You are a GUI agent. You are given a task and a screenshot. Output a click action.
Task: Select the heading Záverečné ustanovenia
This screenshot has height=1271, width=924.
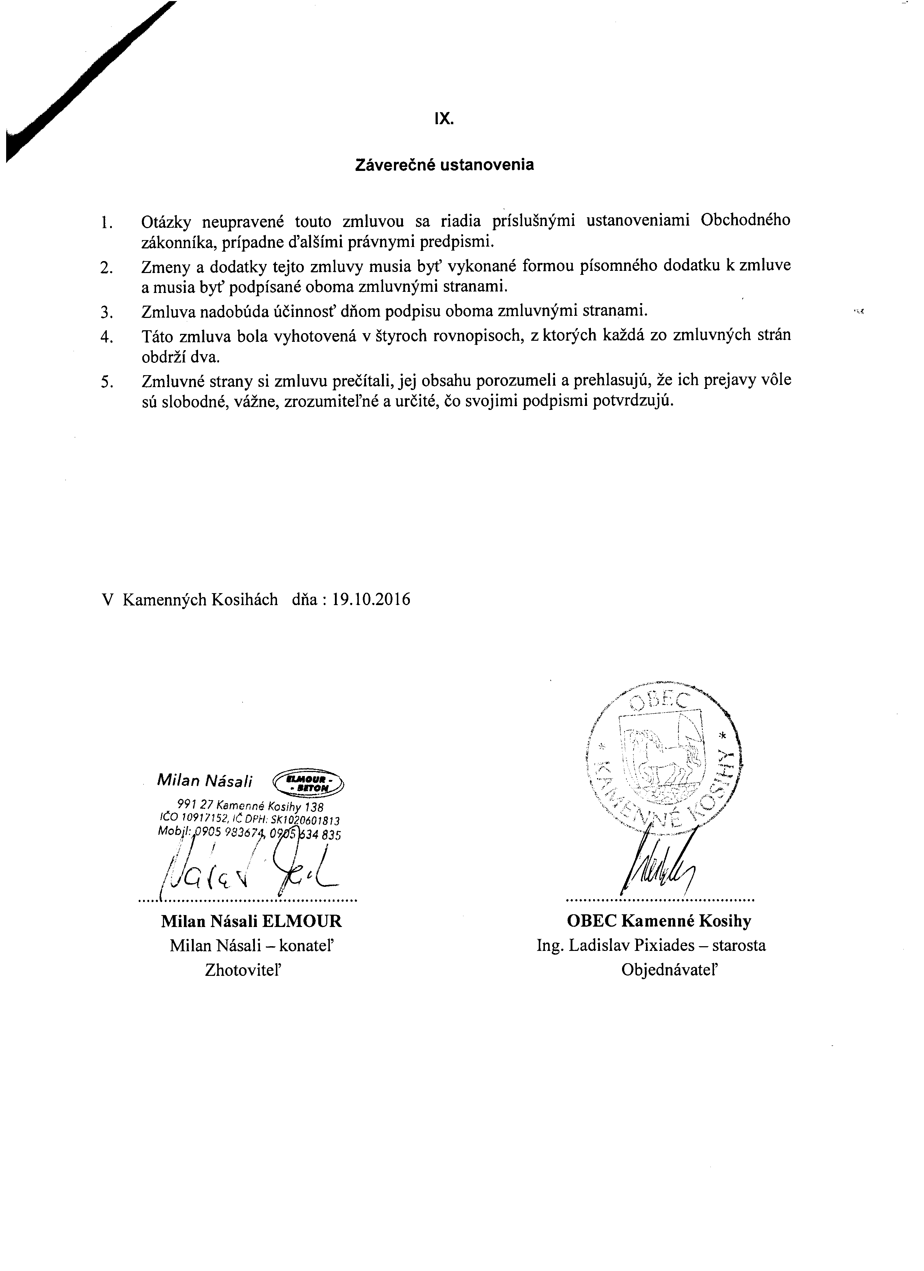(x=444, y=165)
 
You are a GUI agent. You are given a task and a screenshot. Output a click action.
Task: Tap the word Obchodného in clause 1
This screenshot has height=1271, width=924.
(x=745, y=220)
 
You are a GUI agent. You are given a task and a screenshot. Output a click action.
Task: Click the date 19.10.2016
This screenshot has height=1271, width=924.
(x=371, y=600)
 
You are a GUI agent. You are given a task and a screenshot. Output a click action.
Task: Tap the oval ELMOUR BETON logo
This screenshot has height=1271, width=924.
(x=308, y=782)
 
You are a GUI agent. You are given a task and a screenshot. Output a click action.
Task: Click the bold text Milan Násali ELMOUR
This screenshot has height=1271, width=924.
(x=251, y=921)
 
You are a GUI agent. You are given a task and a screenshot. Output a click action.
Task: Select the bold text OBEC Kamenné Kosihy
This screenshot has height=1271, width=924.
(x=659, y=921)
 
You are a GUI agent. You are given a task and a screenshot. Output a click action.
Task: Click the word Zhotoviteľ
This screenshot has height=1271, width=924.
(x=242, y=970)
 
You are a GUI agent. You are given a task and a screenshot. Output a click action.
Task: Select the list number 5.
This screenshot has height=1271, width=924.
(x=106, y=382)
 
